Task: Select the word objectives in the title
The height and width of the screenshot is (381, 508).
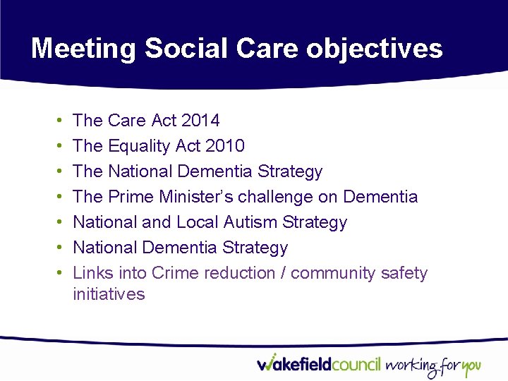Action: click(374, 49)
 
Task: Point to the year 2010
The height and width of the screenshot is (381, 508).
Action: click(224, 146)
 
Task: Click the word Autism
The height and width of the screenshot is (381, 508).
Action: click(250, 222)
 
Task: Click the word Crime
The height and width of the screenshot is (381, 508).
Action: click(174, 273)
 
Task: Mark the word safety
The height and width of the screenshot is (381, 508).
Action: click(404, 273)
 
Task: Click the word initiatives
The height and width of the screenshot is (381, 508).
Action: click(109, 294)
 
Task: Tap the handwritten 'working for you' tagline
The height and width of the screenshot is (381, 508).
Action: click(433, 366)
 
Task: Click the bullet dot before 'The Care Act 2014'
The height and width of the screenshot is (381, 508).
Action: click(56, 121)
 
